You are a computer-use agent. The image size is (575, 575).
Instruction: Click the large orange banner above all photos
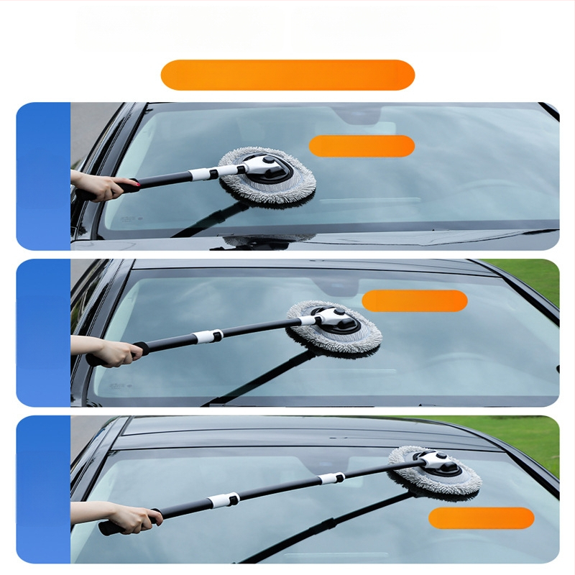pyautogui.click(x=287, y=75)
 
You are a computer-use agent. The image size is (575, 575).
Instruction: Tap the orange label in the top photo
pyautogui.click(x=362, y=146)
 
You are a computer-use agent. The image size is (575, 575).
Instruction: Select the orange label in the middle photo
pyautogui.click(x=415, y=300)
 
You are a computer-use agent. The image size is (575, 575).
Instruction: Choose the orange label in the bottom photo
pyautogui.click(x=481, y=518)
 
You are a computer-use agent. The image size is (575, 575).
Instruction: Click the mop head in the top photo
pyautogui.click(x=267, y=176)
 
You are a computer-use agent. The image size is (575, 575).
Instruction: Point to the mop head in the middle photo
pyautogui.click(x=335, y=328)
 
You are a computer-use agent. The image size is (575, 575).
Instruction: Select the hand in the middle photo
pyautogui.click(x=115, y=351)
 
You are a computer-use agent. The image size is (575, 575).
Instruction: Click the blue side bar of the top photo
pyautogui.click(x=43, y=176)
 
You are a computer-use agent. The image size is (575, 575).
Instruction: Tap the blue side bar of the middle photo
pyautogui.click(x=43, y=333)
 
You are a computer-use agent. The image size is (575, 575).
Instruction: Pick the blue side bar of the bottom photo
pyautogui.click(x=43, y=489)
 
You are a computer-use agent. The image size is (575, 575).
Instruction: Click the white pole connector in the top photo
pyautogui.click(x=204, y=174)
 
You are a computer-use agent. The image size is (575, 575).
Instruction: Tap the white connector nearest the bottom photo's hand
pyautogui.click(x=224, y=500)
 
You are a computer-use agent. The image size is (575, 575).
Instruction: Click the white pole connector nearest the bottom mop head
pyautogui.click(x=331, y=478)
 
